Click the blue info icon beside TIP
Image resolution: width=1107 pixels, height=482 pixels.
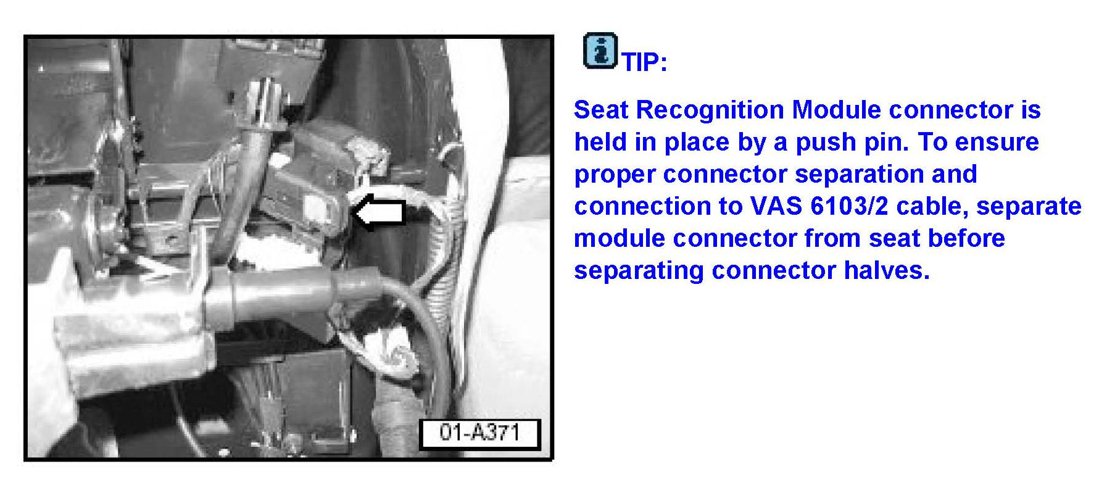(600, 51)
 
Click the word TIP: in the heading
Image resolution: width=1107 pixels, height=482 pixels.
(645, 62)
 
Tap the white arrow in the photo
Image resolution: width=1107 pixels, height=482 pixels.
(378, 212)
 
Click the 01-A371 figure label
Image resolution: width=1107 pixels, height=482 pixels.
(479, 433)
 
